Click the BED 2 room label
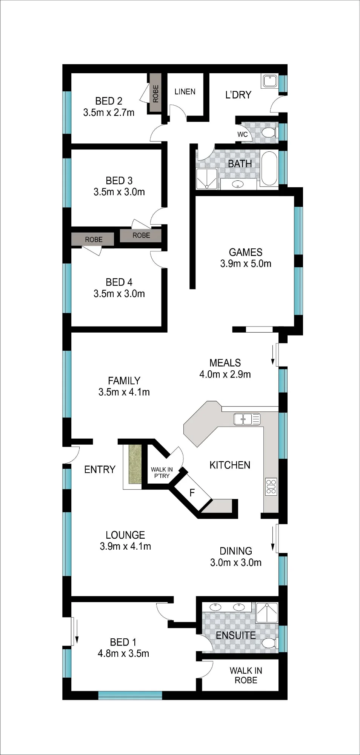tap(109, 101)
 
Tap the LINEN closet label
tap(185, 92)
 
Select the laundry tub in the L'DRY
tap(270, 81)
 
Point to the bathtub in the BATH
tap(269, 168)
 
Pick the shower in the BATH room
tap(207, 179)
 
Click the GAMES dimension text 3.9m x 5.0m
tap(246, 264)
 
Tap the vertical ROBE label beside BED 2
tap(155, 94)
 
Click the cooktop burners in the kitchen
tap(271, 486)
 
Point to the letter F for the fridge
tap(192, 493)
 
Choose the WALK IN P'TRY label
tap(162, 473)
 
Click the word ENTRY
tap(100, 470)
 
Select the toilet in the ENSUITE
tap(270, 643)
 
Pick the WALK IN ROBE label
tap(246, 675)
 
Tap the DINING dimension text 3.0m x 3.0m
tap(236, 562)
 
